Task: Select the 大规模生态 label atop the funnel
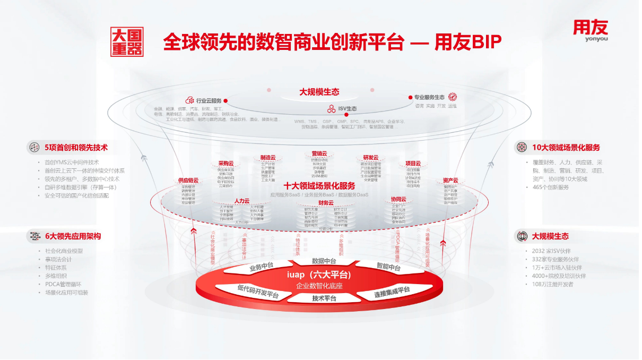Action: tap(319, 92)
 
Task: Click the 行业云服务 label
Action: tap(209, 100)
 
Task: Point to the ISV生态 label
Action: tap(348, 109)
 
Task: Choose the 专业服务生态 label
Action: tap(429, 98)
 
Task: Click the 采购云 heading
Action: tap(225, 163)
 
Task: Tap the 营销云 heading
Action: tap(319, 153)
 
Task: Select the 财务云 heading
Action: tap(326, 202)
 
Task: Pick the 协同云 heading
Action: tap(398, 199)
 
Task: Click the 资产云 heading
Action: tap(450, 181)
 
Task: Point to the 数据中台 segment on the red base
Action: tap(324, 261)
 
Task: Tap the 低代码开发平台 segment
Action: tap(258, 291)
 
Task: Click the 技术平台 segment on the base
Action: tap(324, 298)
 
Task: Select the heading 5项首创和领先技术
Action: tap(76, 148)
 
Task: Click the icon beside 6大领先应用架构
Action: tap(34, 236)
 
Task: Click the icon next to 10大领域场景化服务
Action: tap(522, 147)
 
